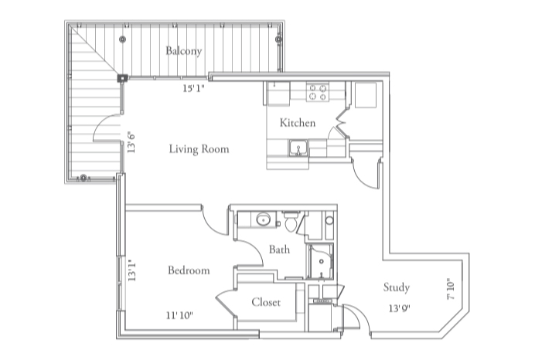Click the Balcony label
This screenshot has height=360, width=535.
pos(183,52)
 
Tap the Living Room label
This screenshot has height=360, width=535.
pos(199,149)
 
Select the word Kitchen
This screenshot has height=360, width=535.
pos(298,123)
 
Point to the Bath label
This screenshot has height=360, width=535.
pos(279,250)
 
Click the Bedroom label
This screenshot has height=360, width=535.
pos(189,270)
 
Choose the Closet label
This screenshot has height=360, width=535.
pos(266,302)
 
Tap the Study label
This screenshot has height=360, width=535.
pos(397,287)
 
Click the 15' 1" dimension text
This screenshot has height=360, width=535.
pos(195,89)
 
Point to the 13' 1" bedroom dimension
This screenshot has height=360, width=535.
pos(132,271)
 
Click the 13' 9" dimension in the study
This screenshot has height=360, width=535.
pos(399,309)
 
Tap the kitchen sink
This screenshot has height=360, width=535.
pos(298,148)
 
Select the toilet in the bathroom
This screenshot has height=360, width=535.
pos(291,223)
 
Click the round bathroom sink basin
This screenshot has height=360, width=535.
pos(264,219)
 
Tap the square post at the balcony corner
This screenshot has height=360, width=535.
pos(122,77)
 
